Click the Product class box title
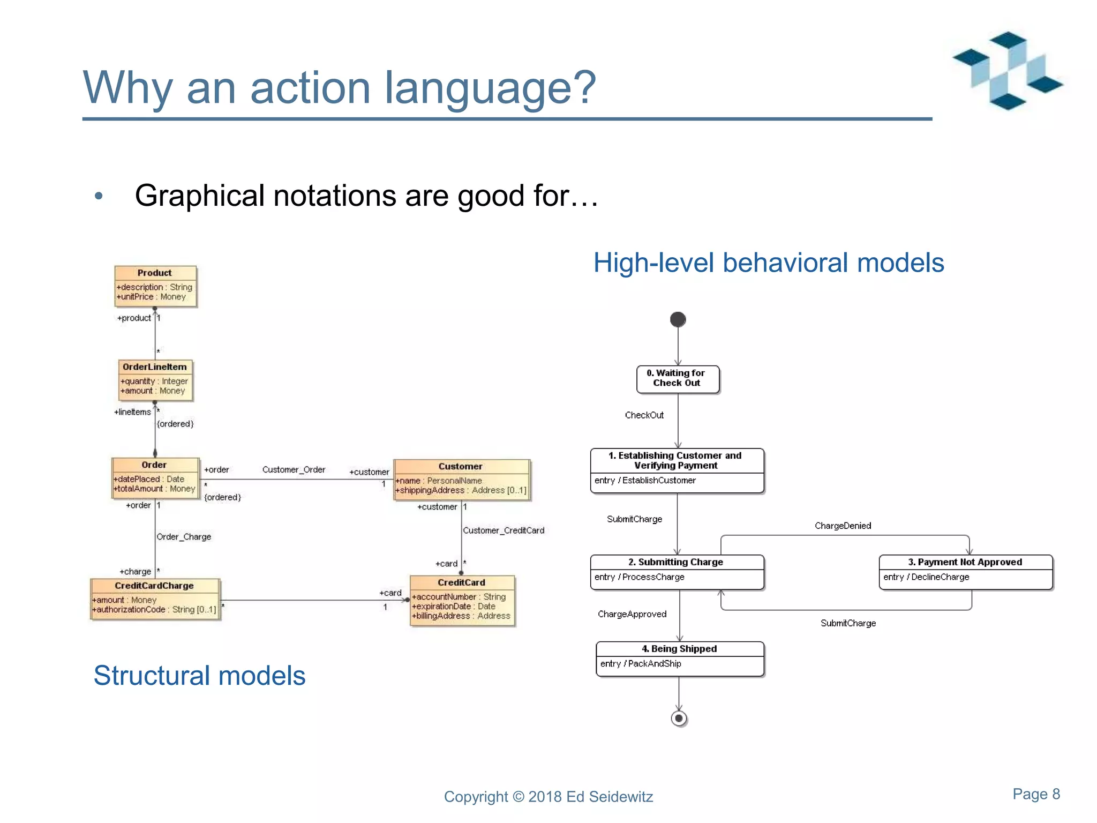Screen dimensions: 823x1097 [154, 273]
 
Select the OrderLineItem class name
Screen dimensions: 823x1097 [154, 367]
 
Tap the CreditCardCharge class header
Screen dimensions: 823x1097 [154, 586]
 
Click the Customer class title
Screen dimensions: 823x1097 [460, 467]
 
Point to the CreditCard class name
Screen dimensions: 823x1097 [461, 582]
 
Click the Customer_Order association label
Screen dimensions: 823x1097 [294, 470]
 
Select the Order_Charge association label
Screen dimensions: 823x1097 [184, 537]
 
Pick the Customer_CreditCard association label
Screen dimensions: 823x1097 [504, 530]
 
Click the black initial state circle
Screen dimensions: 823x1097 [678, 320]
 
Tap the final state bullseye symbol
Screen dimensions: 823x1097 [679, 719]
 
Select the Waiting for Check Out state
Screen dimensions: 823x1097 [677, 378]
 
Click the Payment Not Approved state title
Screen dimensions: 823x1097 [965, 562]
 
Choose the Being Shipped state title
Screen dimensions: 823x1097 [679, 649]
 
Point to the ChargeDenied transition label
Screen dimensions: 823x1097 [843, 526]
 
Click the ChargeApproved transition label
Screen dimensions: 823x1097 [632, 614]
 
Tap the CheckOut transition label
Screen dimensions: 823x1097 [644, 415]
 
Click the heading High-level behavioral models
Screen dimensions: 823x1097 [768, 263]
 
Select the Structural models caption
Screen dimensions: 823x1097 [199, 676]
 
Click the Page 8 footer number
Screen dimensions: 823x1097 [1036, 794]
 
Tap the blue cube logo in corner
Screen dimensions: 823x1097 [1007, 71]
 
